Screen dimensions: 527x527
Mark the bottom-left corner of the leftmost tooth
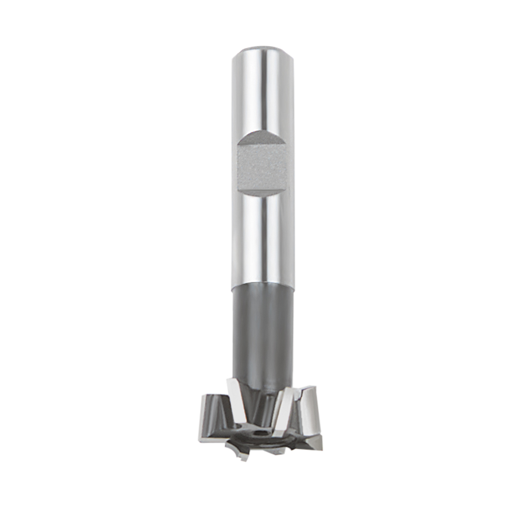[200, 438]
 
